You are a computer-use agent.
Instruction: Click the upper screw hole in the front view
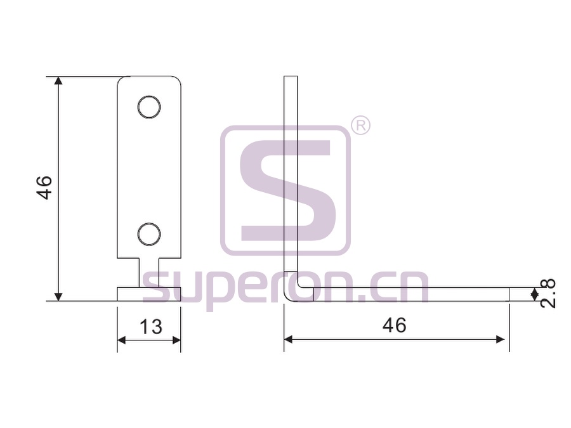(149, 107)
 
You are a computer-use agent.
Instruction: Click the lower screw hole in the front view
(149, 233)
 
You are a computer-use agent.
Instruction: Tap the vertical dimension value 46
(44, 188)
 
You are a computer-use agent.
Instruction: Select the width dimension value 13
(151, 327)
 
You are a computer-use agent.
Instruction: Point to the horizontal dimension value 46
(395, 325)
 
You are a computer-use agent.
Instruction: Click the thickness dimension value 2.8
(548, 294)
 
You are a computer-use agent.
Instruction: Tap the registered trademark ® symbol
(360, 126)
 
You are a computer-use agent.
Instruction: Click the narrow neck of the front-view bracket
(149, 273)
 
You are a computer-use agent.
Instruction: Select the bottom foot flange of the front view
(149, 294)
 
